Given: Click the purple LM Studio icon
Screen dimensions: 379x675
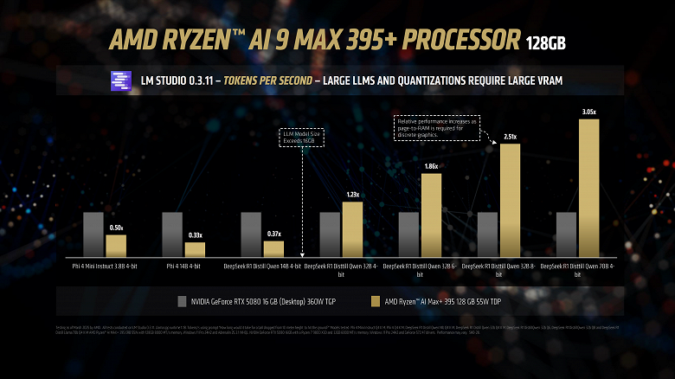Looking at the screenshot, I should pos(119,80).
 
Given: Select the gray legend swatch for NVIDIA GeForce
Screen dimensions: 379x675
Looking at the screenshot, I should pos(182,301).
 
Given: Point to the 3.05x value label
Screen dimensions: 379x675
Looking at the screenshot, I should pos(588,112).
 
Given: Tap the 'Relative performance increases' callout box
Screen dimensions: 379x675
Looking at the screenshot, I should pos(432,128).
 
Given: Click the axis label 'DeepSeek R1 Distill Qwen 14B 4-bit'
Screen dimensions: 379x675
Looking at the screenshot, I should pos(261,267).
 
